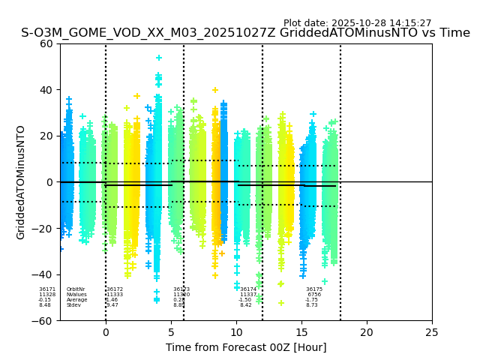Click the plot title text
click(246, 33)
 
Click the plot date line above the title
click(357, 23)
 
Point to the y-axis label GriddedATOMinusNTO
click(21, 182)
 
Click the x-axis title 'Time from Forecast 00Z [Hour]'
click(246, 347)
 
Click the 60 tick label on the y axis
click(46, 43)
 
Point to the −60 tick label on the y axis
click(43, 321)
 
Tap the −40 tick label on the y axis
click(43, 274)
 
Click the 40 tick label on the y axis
click(46, 90)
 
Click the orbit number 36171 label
click(47, 289)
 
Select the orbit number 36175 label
click(314, 289)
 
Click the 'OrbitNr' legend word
click(76, 289)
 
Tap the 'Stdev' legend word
click(73, 305)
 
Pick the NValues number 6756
click(314, 295)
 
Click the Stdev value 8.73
click(312, 305)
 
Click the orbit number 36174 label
click(248, 289)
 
